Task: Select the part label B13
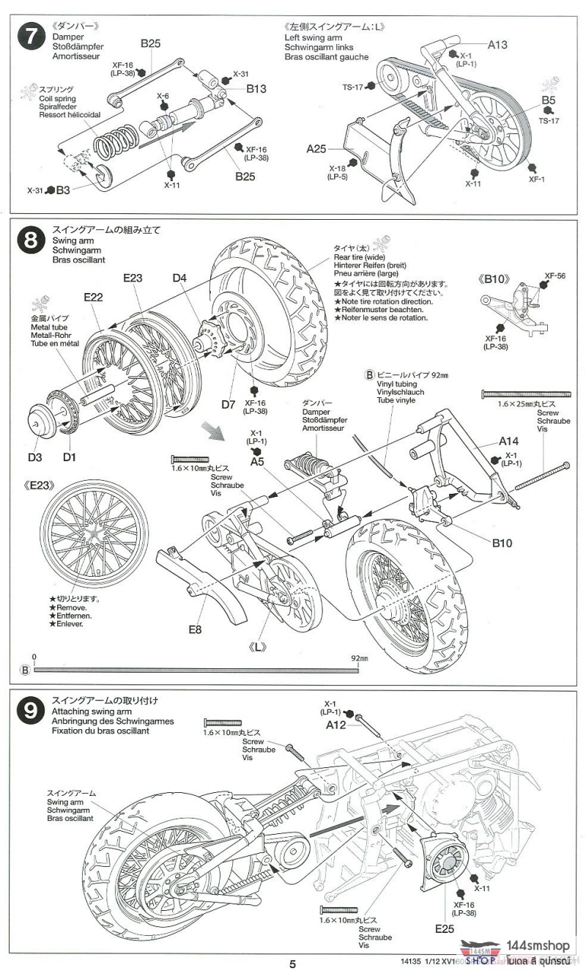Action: (x=256, y=89)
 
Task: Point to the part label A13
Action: (x=497, y=45)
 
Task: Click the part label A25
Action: (x=316, y=149)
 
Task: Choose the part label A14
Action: (x=509, y=441)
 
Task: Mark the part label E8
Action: (x=195, y=628)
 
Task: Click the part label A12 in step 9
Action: (x=336, y=725)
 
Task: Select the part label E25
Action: (x=444, y=928)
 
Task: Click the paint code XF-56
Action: (x=555, y=276)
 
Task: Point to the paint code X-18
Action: (x=337, y=168)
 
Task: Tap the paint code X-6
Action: (x=163, y=96)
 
